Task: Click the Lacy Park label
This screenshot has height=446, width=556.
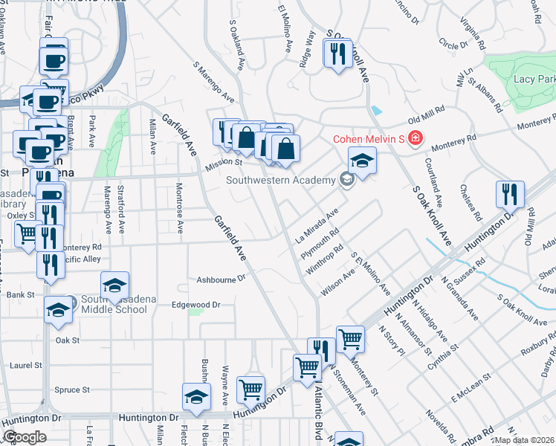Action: pos(534,79)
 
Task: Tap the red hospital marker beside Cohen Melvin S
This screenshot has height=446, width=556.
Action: pos(414,138)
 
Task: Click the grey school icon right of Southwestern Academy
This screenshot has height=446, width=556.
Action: pos(346,179)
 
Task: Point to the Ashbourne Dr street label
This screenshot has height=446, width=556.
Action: pos(221,279)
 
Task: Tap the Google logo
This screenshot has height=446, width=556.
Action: pos(25,437)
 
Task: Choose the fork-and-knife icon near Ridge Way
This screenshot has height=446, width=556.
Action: pos(337,54)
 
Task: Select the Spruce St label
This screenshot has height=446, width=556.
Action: pos(72,390)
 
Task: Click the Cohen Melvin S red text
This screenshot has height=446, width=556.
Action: pos(368,138)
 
